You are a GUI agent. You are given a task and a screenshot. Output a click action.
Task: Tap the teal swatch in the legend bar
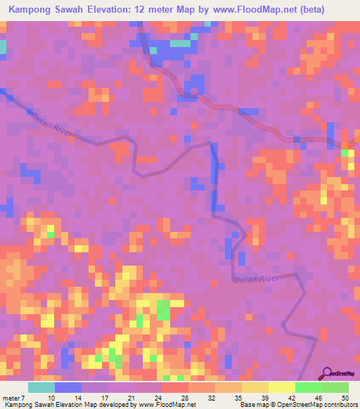pyautogui.click(x=41, y=388)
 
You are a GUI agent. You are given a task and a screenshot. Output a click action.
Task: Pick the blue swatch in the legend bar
pyautogui.click(x=68, y=388)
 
